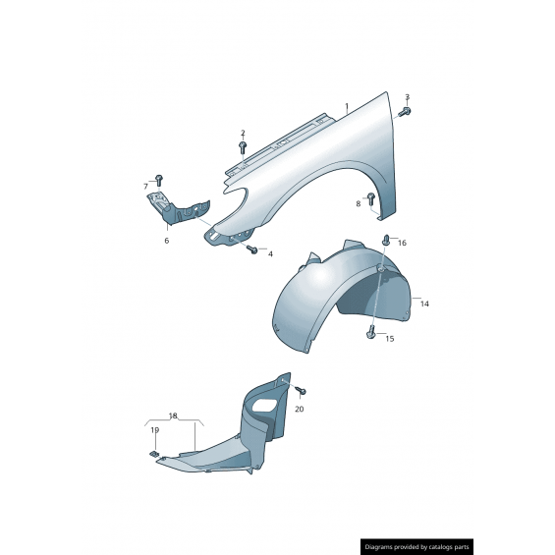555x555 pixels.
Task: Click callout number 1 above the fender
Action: click(x=347, y=106)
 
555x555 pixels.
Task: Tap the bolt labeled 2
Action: click(x=243, y=147)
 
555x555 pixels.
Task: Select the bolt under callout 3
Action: click(x=405, y=112)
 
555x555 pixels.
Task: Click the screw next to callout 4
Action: click(x=252, y=250)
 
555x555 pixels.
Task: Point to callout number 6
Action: click(x=167, y=241)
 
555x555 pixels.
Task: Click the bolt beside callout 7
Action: click(x=158, y=180)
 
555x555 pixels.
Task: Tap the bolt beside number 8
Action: click(x=370, y=199)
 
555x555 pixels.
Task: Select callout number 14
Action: click(x=424, y=304)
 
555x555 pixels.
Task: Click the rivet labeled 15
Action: click(x=369, y=332)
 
